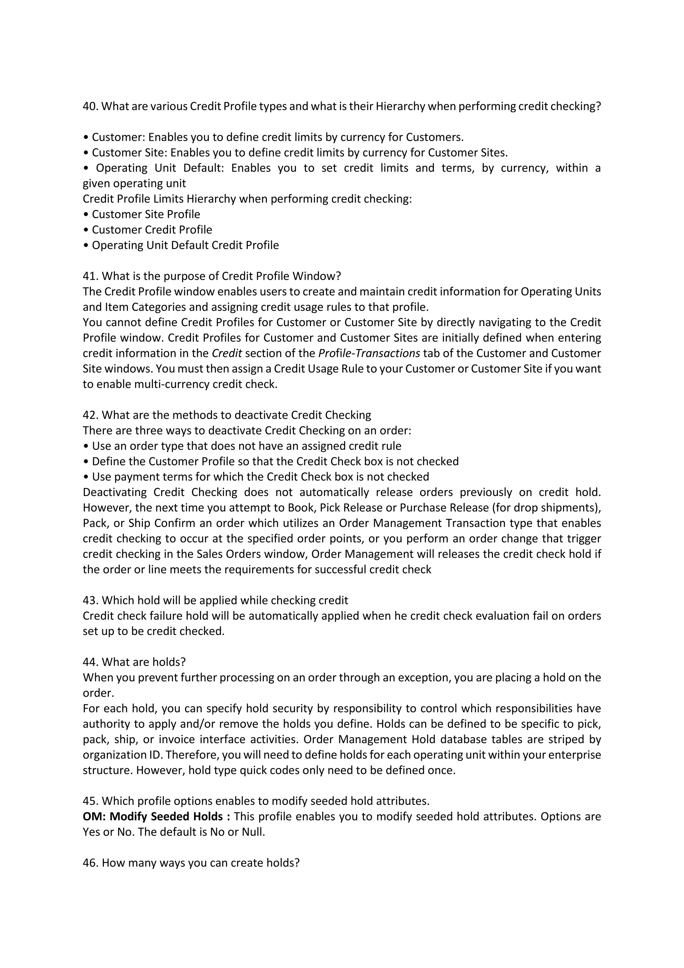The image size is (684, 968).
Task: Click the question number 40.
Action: [x=90, y=106]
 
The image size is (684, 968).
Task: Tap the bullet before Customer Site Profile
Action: [x=86, y=215]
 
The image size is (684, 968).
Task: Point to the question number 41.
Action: [x=90, y=276]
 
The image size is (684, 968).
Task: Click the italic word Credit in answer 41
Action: [x=226, y=353]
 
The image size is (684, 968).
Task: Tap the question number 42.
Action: [x=90, y=415]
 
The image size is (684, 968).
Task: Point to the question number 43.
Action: [x=90, y=600]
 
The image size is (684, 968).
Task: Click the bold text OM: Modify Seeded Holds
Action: [x=156, y=817]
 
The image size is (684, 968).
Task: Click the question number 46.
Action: [x=90, y=863]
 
